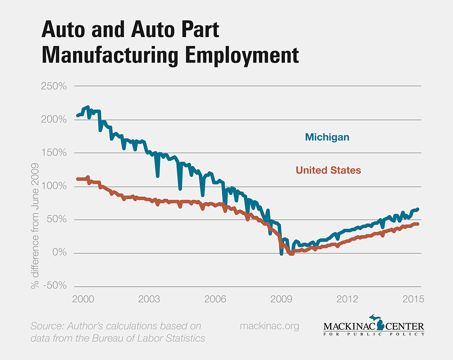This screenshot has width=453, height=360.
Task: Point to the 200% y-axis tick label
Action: click(x=54, y=120)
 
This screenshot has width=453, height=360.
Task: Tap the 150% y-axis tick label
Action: click(x=54, y=153)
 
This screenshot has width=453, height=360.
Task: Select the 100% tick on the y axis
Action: click(x=54, y=186)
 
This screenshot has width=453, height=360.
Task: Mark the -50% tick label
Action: click(x=54, y=286)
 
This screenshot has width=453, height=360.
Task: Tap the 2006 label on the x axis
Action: click(x=215, y=299)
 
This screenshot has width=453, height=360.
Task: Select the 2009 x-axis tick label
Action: click(x=281, y=299)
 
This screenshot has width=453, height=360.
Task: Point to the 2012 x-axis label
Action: click(x=347, y=299)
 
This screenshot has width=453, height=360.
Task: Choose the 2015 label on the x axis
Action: click(x=413, y=299)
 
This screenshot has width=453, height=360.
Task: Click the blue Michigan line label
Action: click(x=327, y=137)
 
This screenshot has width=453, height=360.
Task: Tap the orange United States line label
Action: click(x=328, y=171)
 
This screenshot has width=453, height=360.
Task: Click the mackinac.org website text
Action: click(x=269, y=326)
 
